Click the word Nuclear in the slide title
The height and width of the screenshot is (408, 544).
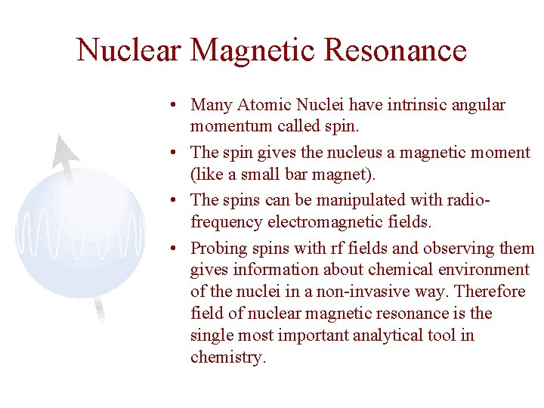click(x=129, y=50)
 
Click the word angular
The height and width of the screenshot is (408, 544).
click(x=478, y=105)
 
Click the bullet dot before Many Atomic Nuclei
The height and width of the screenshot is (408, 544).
click(x=174, y=106)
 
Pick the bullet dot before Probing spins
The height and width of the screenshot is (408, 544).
click(x=174, y=249)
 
